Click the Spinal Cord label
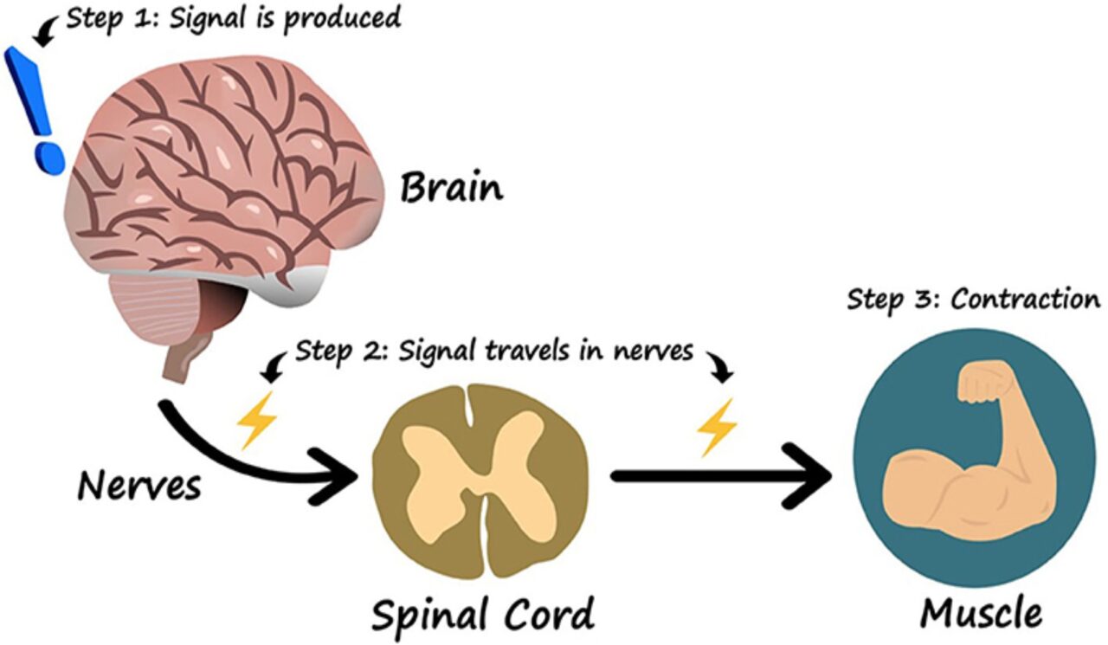[483, 612]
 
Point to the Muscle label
[981, 612]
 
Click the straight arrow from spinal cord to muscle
[718, 475]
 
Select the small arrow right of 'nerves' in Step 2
[719, 364]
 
